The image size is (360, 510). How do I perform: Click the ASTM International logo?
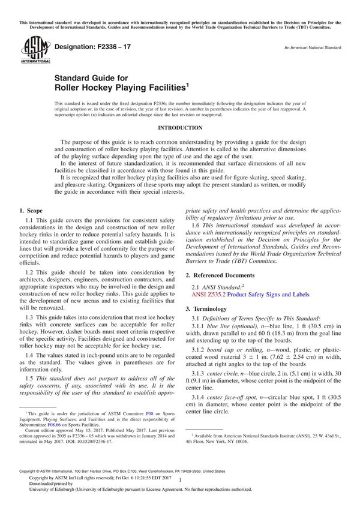pos(32,50)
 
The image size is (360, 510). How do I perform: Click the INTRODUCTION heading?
pos(180,128)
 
